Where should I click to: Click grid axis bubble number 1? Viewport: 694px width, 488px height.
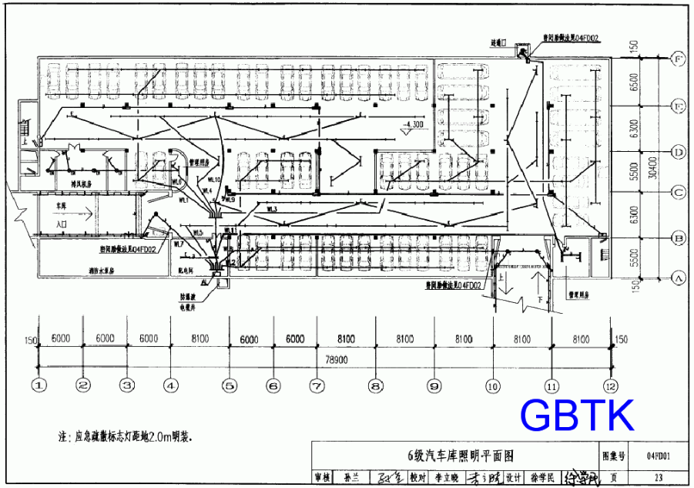(x=39, y=384)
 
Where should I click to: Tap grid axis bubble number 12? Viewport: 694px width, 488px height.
(x=610, y=384)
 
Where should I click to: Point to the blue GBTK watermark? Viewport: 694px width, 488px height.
(x=577, y=415)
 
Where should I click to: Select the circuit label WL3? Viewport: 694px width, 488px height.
(x=272, y=209)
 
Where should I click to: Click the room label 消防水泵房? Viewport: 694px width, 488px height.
(x=101, y=271)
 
